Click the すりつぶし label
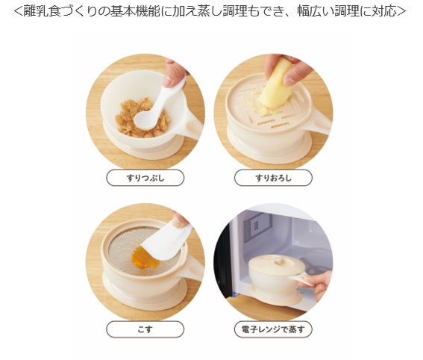pyautogui.click(x=145, y=178)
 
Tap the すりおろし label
pyautogui.click(x=273, y=178)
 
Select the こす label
pyautogui.click(x=145, y=329)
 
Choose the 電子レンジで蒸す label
pyautogui.click(x=273, y=329)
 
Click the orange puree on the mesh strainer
pyautogui.click(x=142, y=257)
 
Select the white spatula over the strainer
pyautogui.click(x=166, y=243)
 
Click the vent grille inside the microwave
pyautogui.click(x=255, y=226)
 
